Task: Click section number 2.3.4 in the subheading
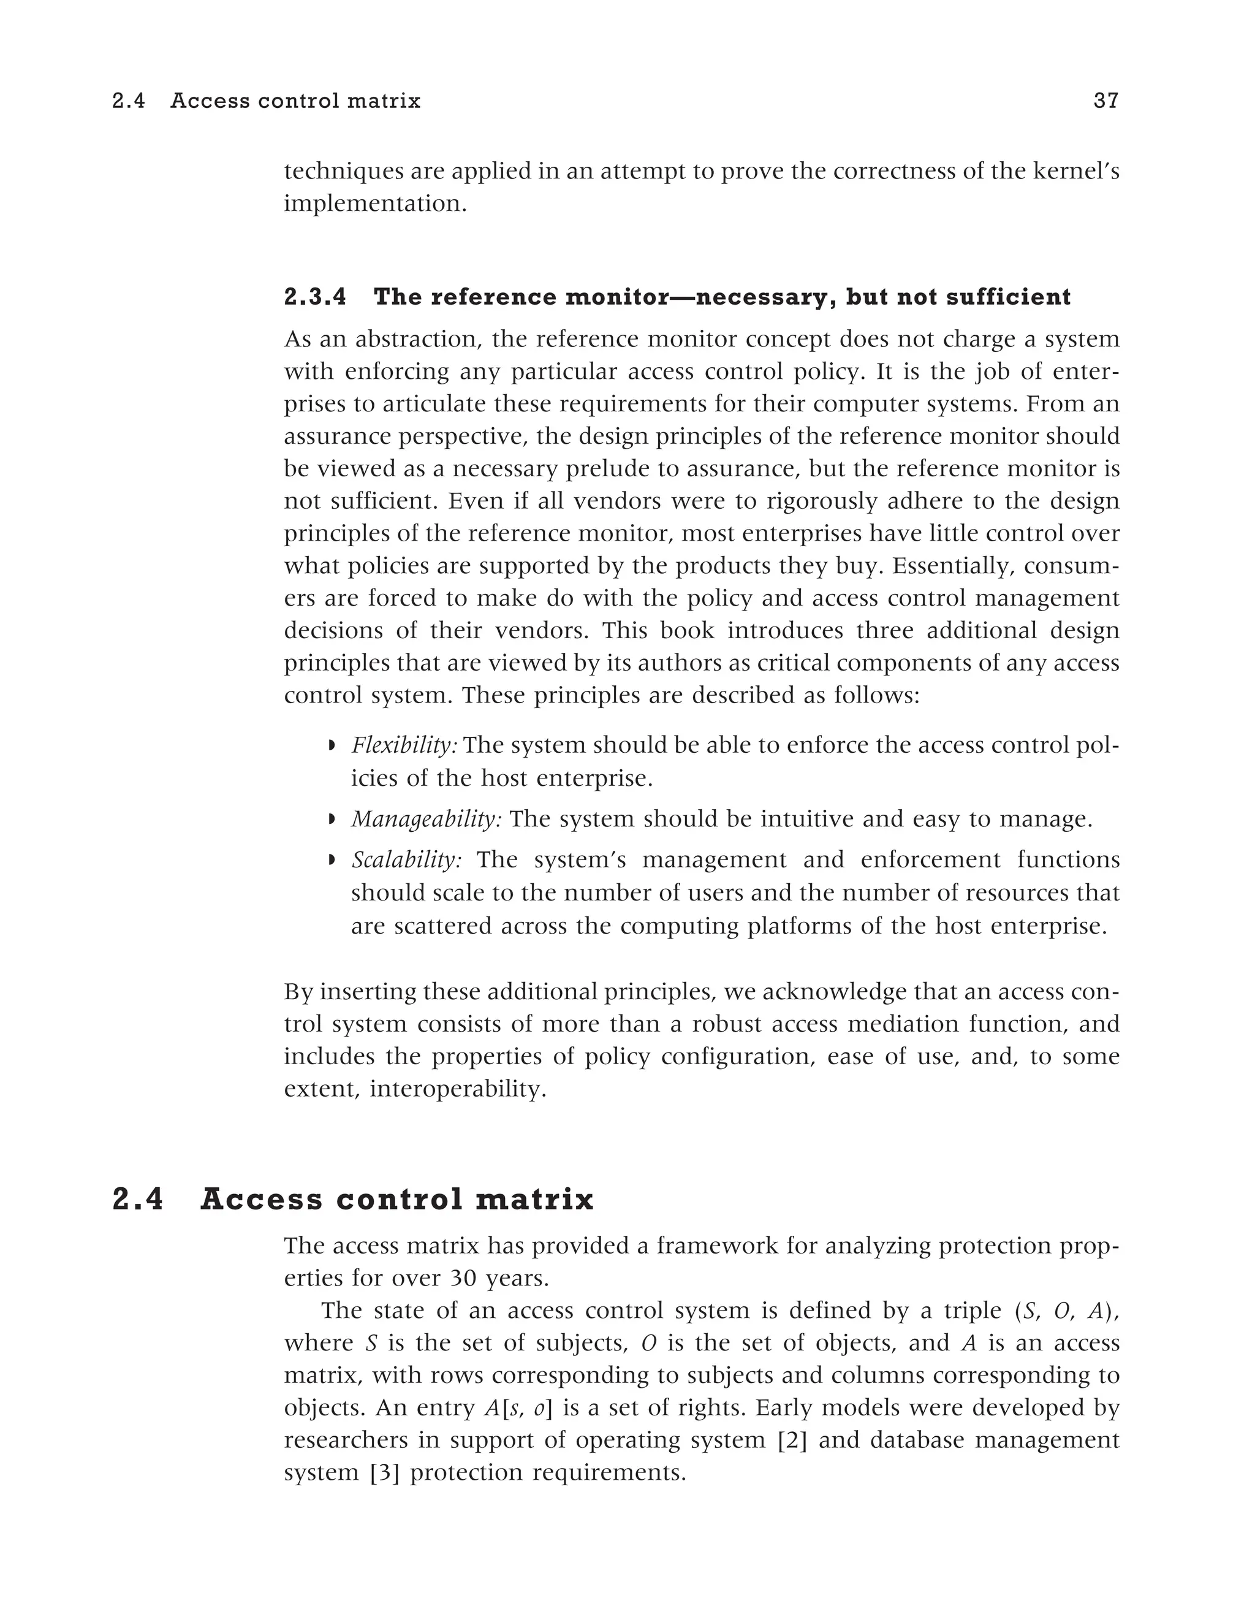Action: pyautogui.click(x=315, y=297)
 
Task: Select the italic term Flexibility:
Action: pyautogui.click(x=404, y=745)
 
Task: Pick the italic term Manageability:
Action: pyautogui.click(x=427, y=819)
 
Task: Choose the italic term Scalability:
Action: pyautogui.click(x=406, y=859)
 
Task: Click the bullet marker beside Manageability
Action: pyautogui.click(x=332, y=819)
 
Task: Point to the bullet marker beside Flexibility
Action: pyautogui.click(x=332, y=745)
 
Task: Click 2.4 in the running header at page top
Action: pyautogui.click(x=129, y=101)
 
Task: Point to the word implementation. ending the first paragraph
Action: pyautogui.click(x=375, y=204)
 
